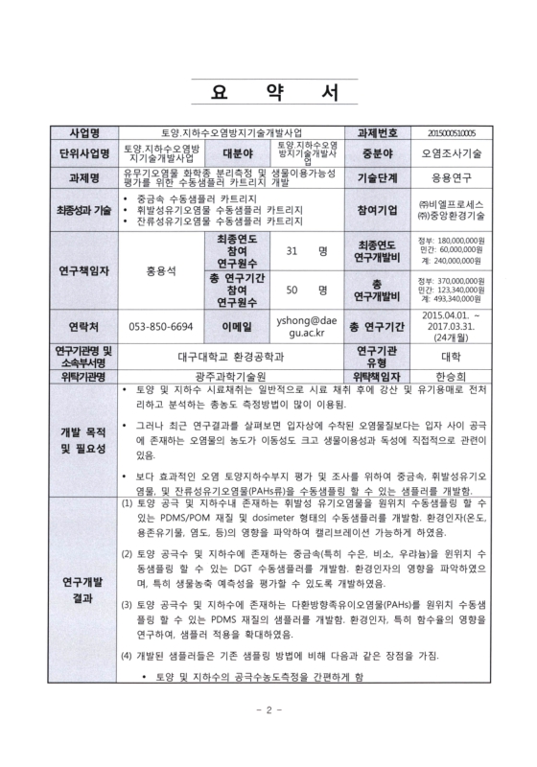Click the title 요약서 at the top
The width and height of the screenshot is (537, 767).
pos(269,94)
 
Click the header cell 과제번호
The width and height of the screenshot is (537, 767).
pos(372,132)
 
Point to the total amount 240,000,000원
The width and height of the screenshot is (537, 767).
pos(457,260)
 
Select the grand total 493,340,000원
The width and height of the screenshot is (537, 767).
pos(456,299)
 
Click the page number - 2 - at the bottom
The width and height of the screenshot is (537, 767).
pos(269,737)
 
